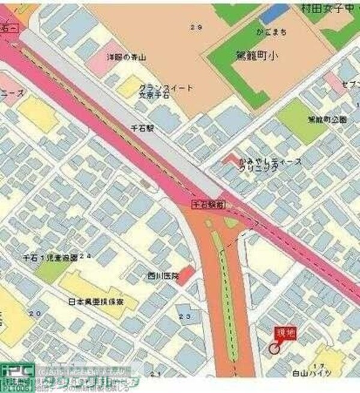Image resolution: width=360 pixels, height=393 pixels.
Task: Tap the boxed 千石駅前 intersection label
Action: point(208,205)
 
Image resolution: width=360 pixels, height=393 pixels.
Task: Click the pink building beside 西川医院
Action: point(188,274)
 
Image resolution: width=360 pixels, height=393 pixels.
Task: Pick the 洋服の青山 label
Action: point(127,57)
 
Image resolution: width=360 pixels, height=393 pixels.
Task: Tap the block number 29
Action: point(193,28)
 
